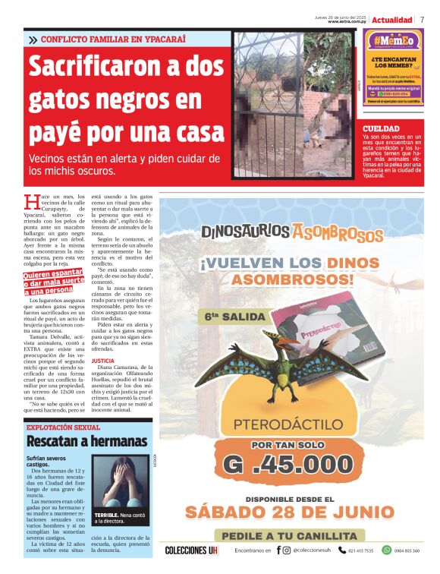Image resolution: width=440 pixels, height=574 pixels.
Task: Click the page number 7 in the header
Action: (422, 19)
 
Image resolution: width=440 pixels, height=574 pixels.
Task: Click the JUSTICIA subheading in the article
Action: (102, 360)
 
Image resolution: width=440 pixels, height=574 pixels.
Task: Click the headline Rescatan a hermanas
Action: (76, 441)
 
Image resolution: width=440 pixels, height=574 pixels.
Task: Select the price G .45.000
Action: (291, 463)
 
